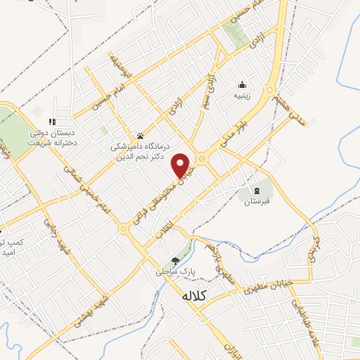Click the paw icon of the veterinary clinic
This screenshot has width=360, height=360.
pyautogui.click(x=140, y=136)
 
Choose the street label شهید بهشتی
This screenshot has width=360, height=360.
pyautogui.click(x=98, y=304)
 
